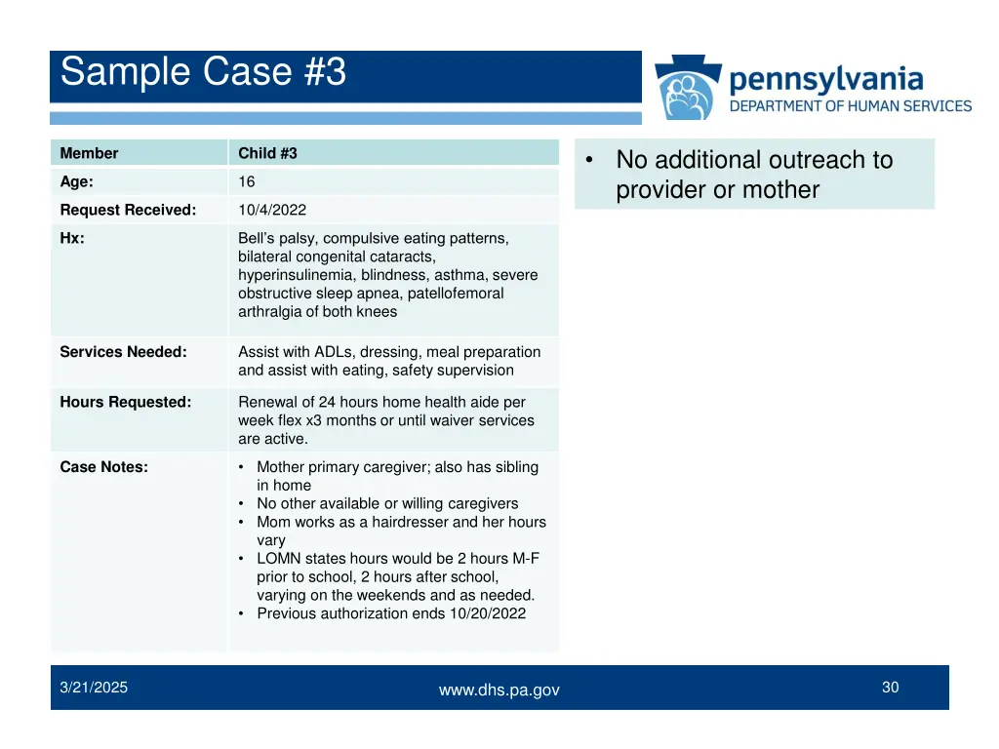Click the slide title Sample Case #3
click(203, 73)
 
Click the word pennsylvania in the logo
click(825, 78)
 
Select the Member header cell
click(89, 153)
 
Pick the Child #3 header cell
click(267, 153)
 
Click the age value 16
click(246, 181)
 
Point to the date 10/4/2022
click(272, 210)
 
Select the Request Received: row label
click(128, 210)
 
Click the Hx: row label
click(72, 238)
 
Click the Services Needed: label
click(123, 352)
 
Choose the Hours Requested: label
click(125, 402)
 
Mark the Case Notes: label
click(104, 467)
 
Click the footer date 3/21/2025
click(94, 688)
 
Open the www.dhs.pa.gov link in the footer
click(499, 690)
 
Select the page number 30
click(890, 688)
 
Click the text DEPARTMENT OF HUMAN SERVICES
click(851, 105)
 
